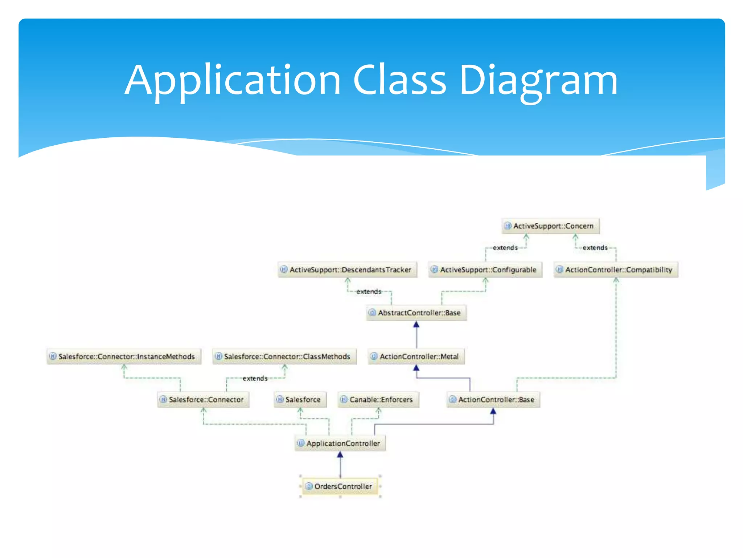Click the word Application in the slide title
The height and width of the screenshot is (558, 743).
tap(232, 81)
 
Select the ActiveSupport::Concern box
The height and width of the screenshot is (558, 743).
tap(550, 226)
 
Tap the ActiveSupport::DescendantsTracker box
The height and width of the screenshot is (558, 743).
tap(347, 270)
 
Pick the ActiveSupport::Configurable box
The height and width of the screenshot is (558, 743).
tap(485, 270)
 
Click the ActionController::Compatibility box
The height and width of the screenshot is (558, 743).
tap(616, 270)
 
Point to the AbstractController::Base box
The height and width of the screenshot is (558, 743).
tap(416, 313)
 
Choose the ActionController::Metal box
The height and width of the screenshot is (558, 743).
tap(416, 356)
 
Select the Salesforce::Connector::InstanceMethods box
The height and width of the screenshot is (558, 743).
tap(124, 356)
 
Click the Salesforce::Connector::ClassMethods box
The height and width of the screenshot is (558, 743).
tap(284, 356)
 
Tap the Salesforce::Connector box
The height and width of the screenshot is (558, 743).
tap(203, 400)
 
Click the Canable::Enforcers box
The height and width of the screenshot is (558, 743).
tap(378, 400)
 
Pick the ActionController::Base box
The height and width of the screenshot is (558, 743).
tap(493, 400)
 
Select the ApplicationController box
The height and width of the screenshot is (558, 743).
tap(340, 443)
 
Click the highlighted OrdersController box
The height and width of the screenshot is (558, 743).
tap(340, 486)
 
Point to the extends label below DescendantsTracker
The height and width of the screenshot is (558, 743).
tap(369, 291)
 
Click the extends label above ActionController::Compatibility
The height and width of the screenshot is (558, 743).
tap(595, 248)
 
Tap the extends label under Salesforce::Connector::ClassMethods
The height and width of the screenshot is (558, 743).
tap(255, 378)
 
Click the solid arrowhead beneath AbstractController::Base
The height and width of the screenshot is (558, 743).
tap(416, 324)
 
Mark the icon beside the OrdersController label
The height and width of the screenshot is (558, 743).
tap(309, 486)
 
